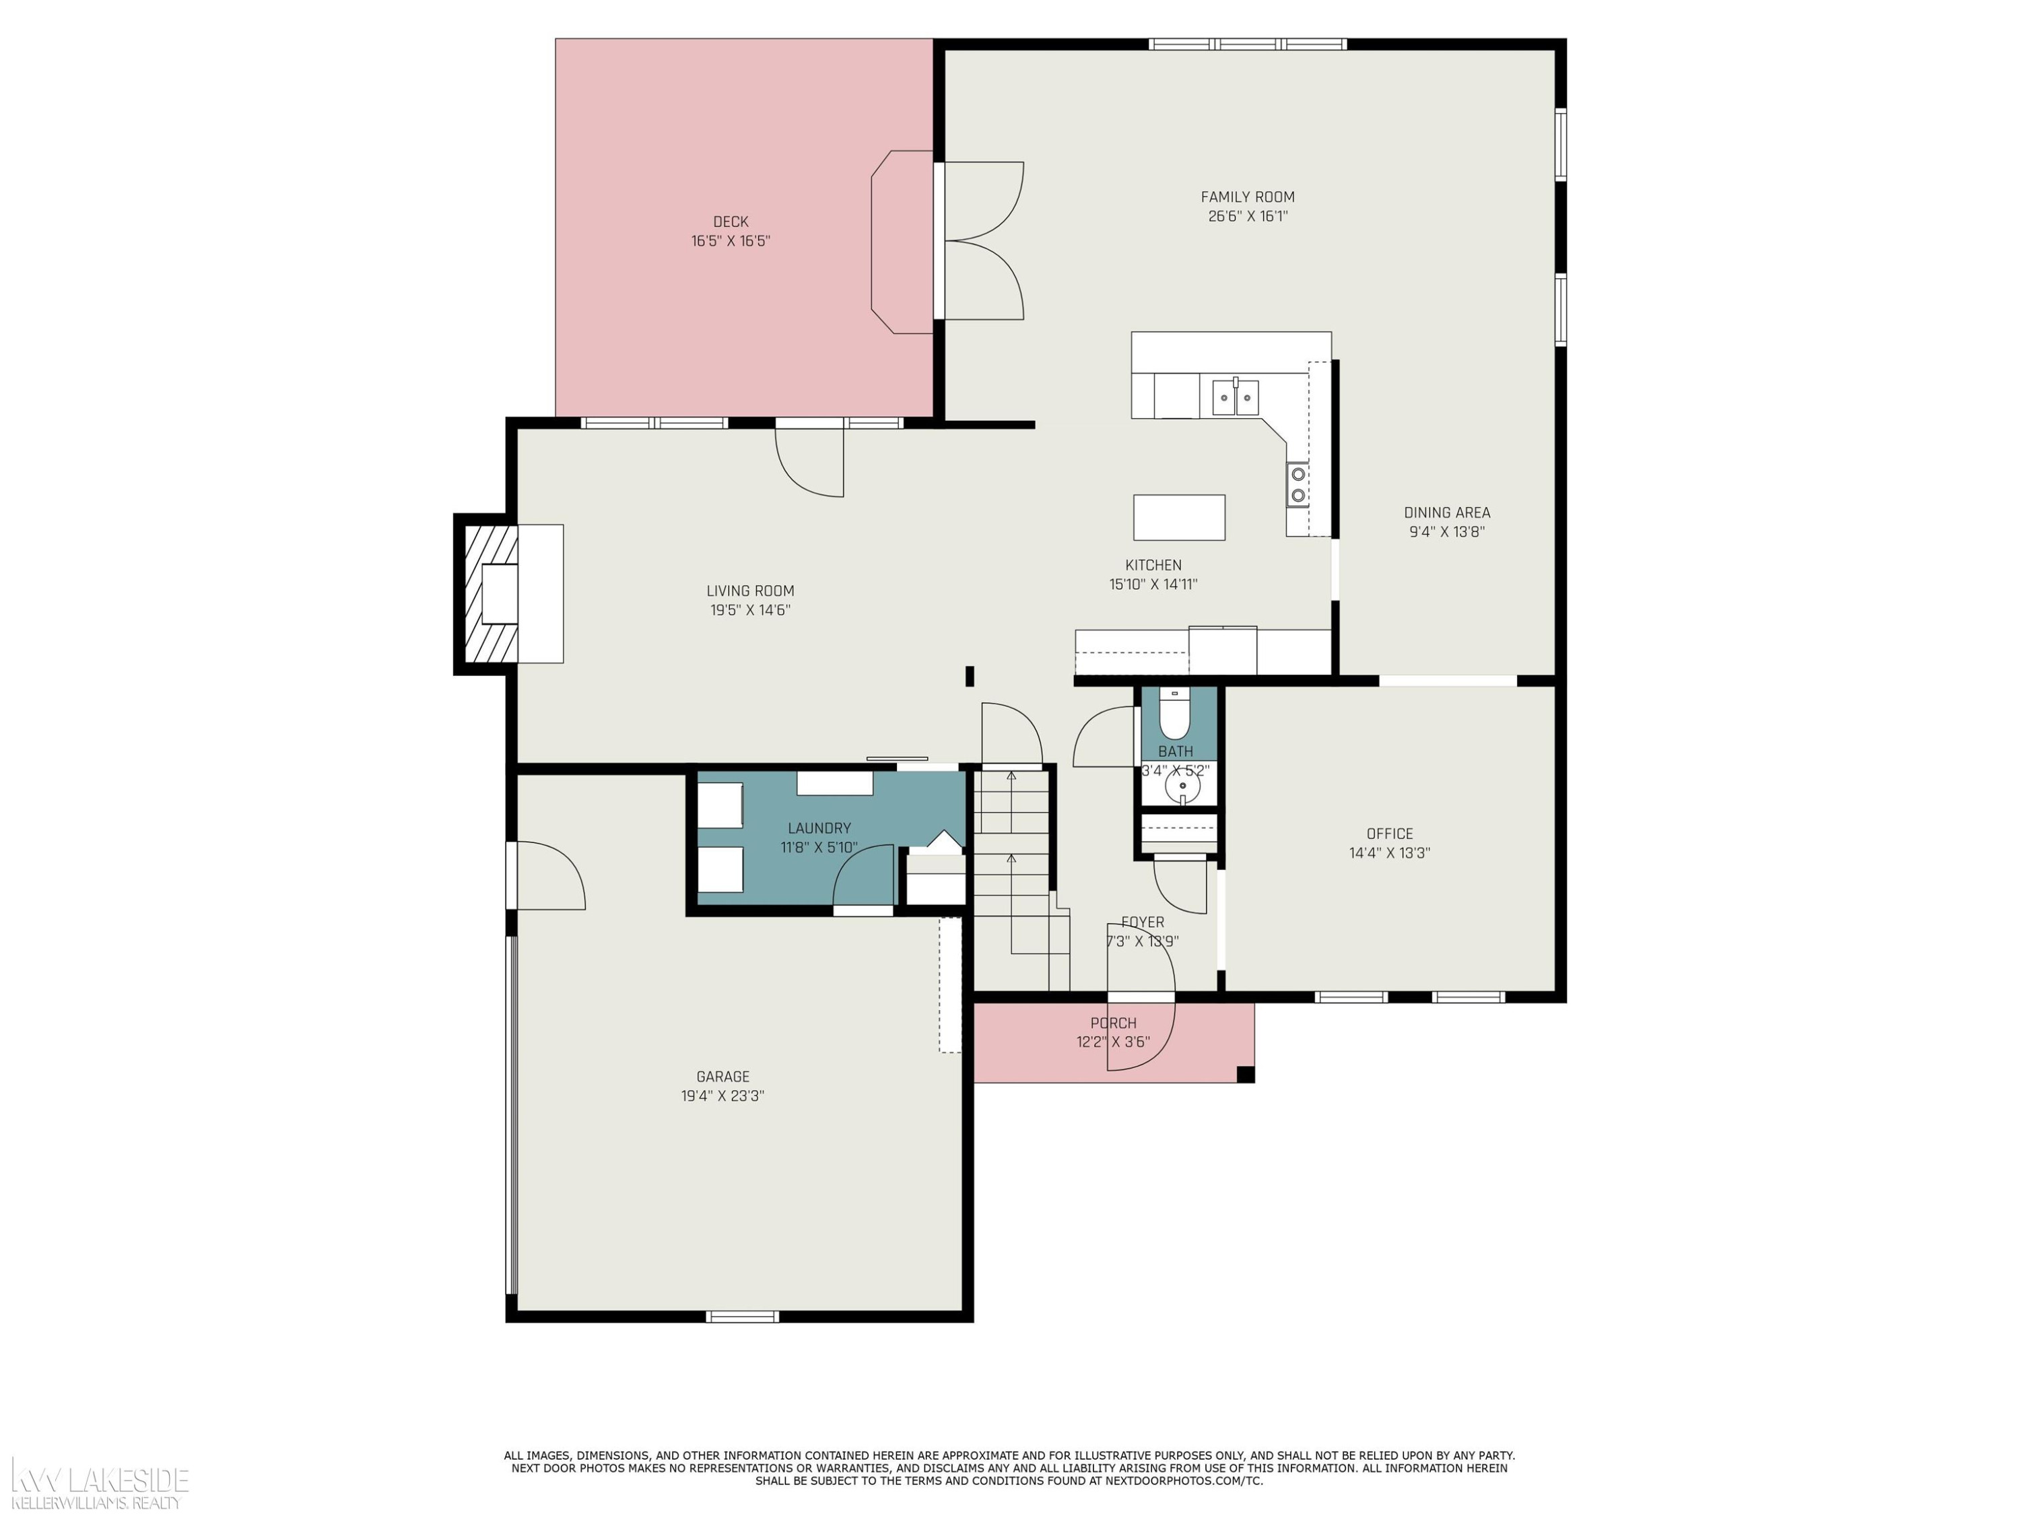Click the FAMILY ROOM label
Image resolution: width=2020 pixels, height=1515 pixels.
pyautogui.click(x=1248, y=197)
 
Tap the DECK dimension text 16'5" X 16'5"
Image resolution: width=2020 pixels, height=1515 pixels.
pyautogui.click(x=731, y=241)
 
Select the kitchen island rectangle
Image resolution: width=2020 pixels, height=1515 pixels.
pyautogui.click(x=1179, y=518)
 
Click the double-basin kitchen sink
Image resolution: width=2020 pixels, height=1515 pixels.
pyautogui.click(x=1236, y=397)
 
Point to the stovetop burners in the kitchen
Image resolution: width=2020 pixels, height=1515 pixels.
pyautogui.click(x=1298, y=485)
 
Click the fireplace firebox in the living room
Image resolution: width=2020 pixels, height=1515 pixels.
pyautogui.click(x=500, y=594)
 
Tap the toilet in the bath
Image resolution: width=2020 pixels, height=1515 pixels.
pyautogui.click(x=1174, y=713)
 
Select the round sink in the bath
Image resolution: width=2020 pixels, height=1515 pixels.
pyautogui.click(x=1182, y=785)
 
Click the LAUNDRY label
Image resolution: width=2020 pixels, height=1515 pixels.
pyautogui.click(x=819, y=828)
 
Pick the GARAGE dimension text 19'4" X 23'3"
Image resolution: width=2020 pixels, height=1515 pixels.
pyautogui.click(x=722, y=1096)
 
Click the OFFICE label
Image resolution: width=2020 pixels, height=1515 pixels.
pyautogui.click(x=1390, y=834)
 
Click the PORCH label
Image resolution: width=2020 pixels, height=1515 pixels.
pyautogui.click(x=1113, y=1023)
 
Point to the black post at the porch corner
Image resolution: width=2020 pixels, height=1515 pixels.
pyautogui.click(x=1246, y=1074)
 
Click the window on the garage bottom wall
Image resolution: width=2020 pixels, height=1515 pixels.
pyautogui.click(x=743, y=1316)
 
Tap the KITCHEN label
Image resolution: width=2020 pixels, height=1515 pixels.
pyautogui.click(x=1153, y=566)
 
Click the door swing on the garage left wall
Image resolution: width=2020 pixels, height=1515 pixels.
pyautogui.click(x=546, y=875)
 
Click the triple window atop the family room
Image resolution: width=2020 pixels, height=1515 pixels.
pyautogui.click(x=1248, y=44)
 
